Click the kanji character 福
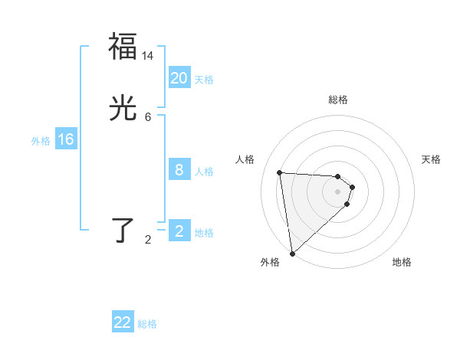(x=123, y=46)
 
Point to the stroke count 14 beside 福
(x=148, y=55)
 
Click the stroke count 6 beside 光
(x=148, y=117)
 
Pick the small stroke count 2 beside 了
(x=148, y=240)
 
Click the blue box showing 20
(x=179, y=77)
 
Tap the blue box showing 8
(x=179, y=170)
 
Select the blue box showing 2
(x=179, y=231)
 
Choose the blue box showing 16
(x=66, y=139)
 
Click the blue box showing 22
(x=123, y=322)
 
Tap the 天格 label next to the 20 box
(x=204, y=79)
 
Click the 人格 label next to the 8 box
(x=204, y=172)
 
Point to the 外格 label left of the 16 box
(x=41, y=141)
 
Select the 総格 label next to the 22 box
(x=147, y=324)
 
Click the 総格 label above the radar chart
(x=338, y=100)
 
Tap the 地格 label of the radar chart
(x=402, y=262)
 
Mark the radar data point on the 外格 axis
(x=292, y=253)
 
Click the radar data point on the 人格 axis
(x=280, y=172)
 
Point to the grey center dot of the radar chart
(x=338, y=191)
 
